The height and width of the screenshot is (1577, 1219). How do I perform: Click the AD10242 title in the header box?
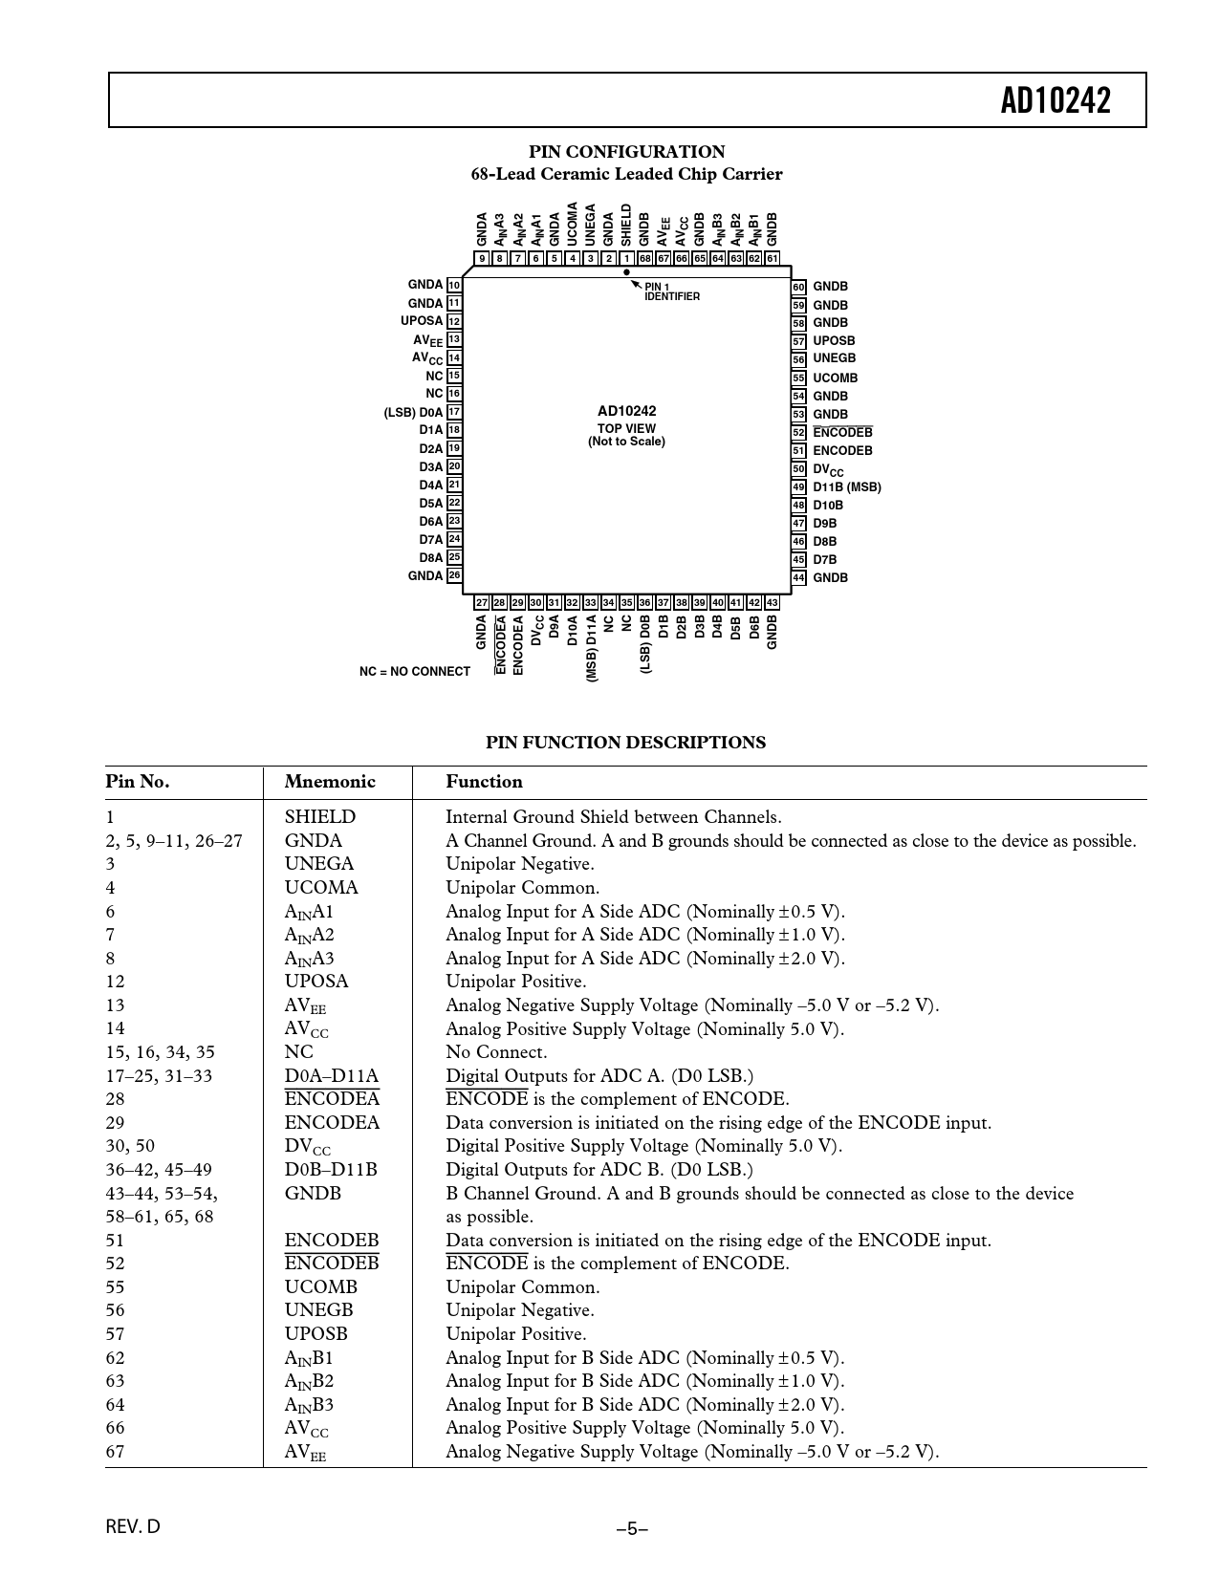point(1056,100)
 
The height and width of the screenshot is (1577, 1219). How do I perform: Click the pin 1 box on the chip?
point(627,258)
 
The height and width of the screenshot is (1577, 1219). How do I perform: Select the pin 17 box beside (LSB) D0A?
point(455,412)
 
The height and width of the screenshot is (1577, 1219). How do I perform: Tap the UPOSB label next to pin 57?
point(834,341)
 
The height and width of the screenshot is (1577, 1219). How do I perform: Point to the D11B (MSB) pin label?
point(847,487)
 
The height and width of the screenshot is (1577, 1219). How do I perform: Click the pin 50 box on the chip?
point(798,469)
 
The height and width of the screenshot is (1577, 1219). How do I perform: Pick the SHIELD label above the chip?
point(627,225)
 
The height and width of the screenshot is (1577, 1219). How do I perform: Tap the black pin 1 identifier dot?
point(627,272)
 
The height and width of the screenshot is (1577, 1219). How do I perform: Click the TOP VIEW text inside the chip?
point(626,429)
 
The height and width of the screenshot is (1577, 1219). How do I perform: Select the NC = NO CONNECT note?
point(415,672)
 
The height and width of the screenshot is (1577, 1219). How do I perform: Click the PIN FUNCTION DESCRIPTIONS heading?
point(625,743)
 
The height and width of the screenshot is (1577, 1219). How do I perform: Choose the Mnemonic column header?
point(330,782)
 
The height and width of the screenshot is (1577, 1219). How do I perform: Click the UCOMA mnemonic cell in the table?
point(321,888)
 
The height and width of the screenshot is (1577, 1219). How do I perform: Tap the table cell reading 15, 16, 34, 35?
point(160,1052)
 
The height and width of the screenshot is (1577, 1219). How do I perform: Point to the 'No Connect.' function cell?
point(496,1052)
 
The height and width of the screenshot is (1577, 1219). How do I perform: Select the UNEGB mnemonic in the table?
point(318,1310)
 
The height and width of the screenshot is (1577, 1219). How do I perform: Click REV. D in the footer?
point(133,1526)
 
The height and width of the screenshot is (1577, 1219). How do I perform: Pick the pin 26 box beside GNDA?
point(455,575)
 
